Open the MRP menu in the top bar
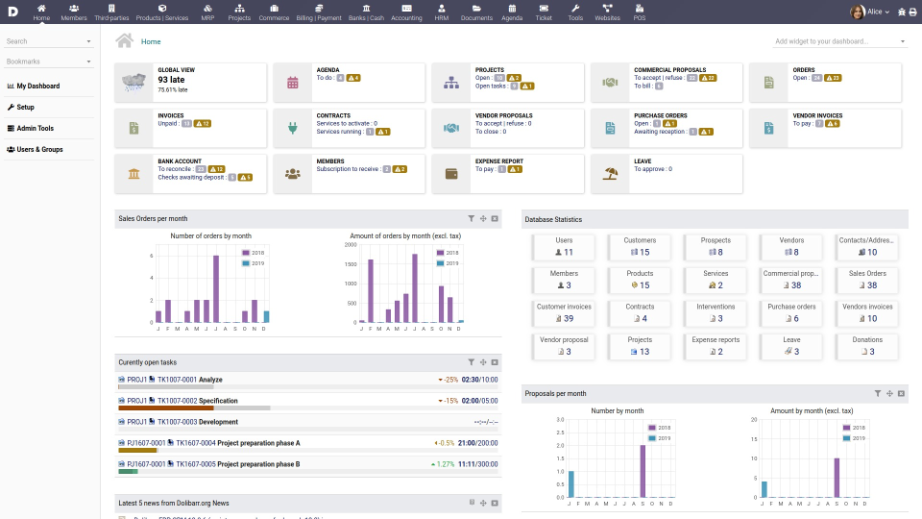pyautogui.click(x=208, y=12)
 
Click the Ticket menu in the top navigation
pyautogui.click(x=544, y=12)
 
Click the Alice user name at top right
pyautogui.click(x=874, y=12)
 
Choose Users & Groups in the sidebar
pyautogui.click(x=38, y=149)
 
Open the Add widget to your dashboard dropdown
pyautogui.click(x=839, y=41)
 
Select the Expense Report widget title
pyautogui.click(x=498, y=161)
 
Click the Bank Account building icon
pyautogui.click(x=133, y=174)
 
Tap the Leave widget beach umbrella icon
pyautogui.click(x=609, y=174)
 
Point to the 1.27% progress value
pyautogui.click(x=443, y=464)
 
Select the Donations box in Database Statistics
pyautogui.click(x=866, y=345)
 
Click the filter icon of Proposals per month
pyautogui.click(x=878, y=393)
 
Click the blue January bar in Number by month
pyautogui.click(x=571, y=483)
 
